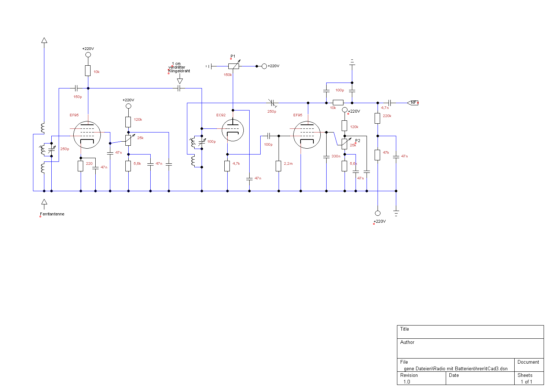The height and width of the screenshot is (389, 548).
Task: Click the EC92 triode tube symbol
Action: [233, 130]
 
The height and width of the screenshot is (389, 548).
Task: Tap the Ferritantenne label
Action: [52, 214]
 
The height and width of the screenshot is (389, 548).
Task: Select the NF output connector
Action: [413, 103]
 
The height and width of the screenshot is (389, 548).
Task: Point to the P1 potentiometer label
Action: [233, 57]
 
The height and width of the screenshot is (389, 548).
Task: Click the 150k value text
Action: [228, 75]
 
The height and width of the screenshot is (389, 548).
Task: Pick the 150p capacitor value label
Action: [78, 97]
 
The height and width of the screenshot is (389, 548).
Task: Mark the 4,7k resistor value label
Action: [236, 164]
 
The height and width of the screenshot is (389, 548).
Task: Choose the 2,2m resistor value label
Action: [288, 164]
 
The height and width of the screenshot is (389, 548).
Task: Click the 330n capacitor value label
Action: [336, 156]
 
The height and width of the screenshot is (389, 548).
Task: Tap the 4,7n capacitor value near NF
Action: [385, 108]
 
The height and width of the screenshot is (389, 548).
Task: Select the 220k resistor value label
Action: [387, 116]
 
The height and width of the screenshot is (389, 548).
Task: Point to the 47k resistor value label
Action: [386, 153]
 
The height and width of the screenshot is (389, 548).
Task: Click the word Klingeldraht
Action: [179, 71]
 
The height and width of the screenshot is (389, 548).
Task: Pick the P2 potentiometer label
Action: [358, 141]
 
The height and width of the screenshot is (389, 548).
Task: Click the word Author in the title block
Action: [407, 342]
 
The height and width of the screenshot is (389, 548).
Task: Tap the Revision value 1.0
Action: [407, 382]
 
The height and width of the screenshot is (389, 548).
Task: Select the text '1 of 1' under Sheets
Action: [526, 382]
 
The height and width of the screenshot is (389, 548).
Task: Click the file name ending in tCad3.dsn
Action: [456, 368]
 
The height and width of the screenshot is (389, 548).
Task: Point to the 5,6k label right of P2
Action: [353, 164]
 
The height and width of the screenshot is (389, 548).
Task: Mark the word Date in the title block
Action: [454, 375]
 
